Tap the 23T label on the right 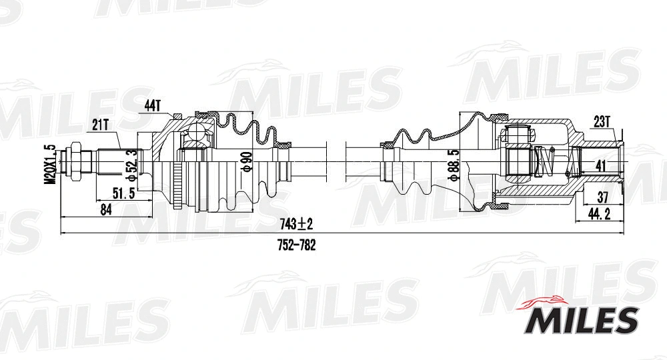pyautogui.click(x=602, y=121)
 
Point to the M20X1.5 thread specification pyautogui.click(x=49, y=163)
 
